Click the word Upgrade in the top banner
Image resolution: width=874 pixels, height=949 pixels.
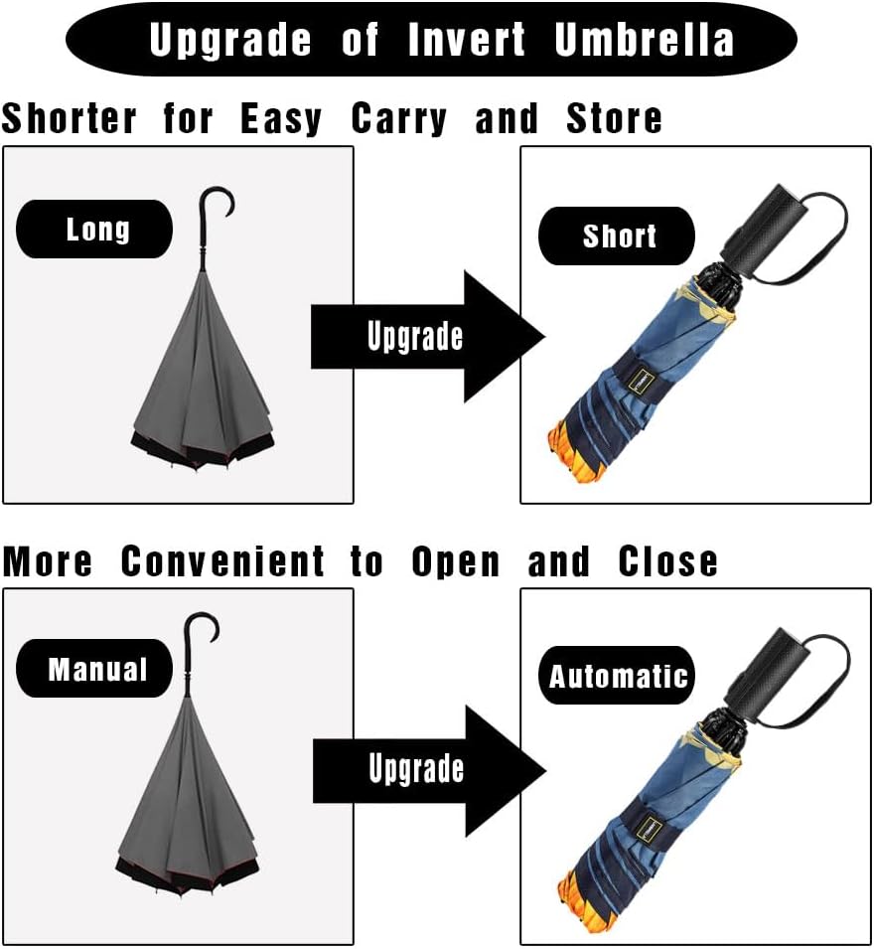click(230, 40)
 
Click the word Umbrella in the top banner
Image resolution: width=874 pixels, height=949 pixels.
click(645, 40)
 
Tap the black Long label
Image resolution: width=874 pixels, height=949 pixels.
click(95, 230)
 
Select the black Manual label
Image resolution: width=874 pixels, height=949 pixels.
click(96, 669)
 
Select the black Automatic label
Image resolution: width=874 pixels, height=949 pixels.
click(618, 677)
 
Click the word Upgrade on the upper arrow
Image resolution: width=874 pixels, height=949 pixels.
click(415, 336)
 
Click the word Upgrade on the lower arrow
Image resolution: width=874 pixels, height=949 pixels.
click(415, 768)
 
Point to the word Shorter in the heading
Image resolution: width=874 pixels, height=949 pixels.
click(69, 119)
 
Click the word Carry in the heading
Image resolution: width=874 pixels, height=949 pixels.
click(398, 119)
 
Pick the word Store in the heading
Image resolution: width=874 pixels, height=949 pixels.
click(614, 119)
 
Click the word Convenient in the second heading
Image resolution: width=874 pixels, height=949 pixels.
click(222, 562)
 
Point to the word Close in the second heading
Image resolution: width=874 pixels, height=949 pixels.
click(667, 562)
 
